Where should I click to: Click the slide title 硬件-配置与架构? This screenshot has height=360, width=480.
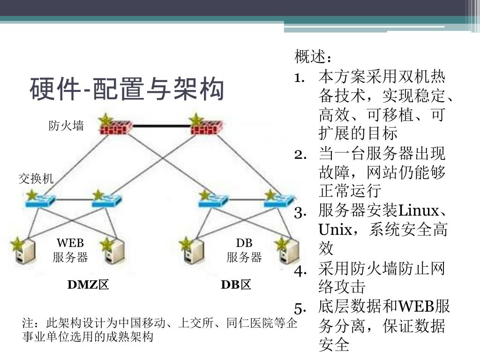point(127,90)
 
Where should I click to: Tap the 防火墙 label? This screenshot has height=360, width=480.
point(67,126)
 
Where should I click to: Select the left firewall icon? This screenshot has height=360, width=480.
point(116,126)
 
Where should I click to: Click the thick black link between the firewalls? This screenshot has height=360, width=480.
point(161,126)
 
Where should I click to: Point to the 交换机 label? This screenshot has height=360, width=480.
point(36,178)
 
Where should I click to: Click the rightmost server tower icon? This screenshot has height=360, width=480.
point(287,252)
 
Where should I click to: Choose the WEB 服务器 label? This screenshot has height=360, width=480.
point(70,250)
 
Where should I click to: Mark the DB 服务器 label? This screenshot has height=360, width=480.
point(244,250)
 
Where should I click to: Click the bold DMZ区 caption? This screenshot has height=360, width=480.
point(88,285)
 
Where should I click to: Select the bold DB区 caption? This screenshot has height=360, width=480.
point(236,285)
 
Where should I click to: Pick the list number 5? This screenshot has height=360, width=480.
point(300,308)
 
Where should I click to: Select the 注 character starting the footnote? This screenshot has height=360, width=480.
point(28,324)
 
